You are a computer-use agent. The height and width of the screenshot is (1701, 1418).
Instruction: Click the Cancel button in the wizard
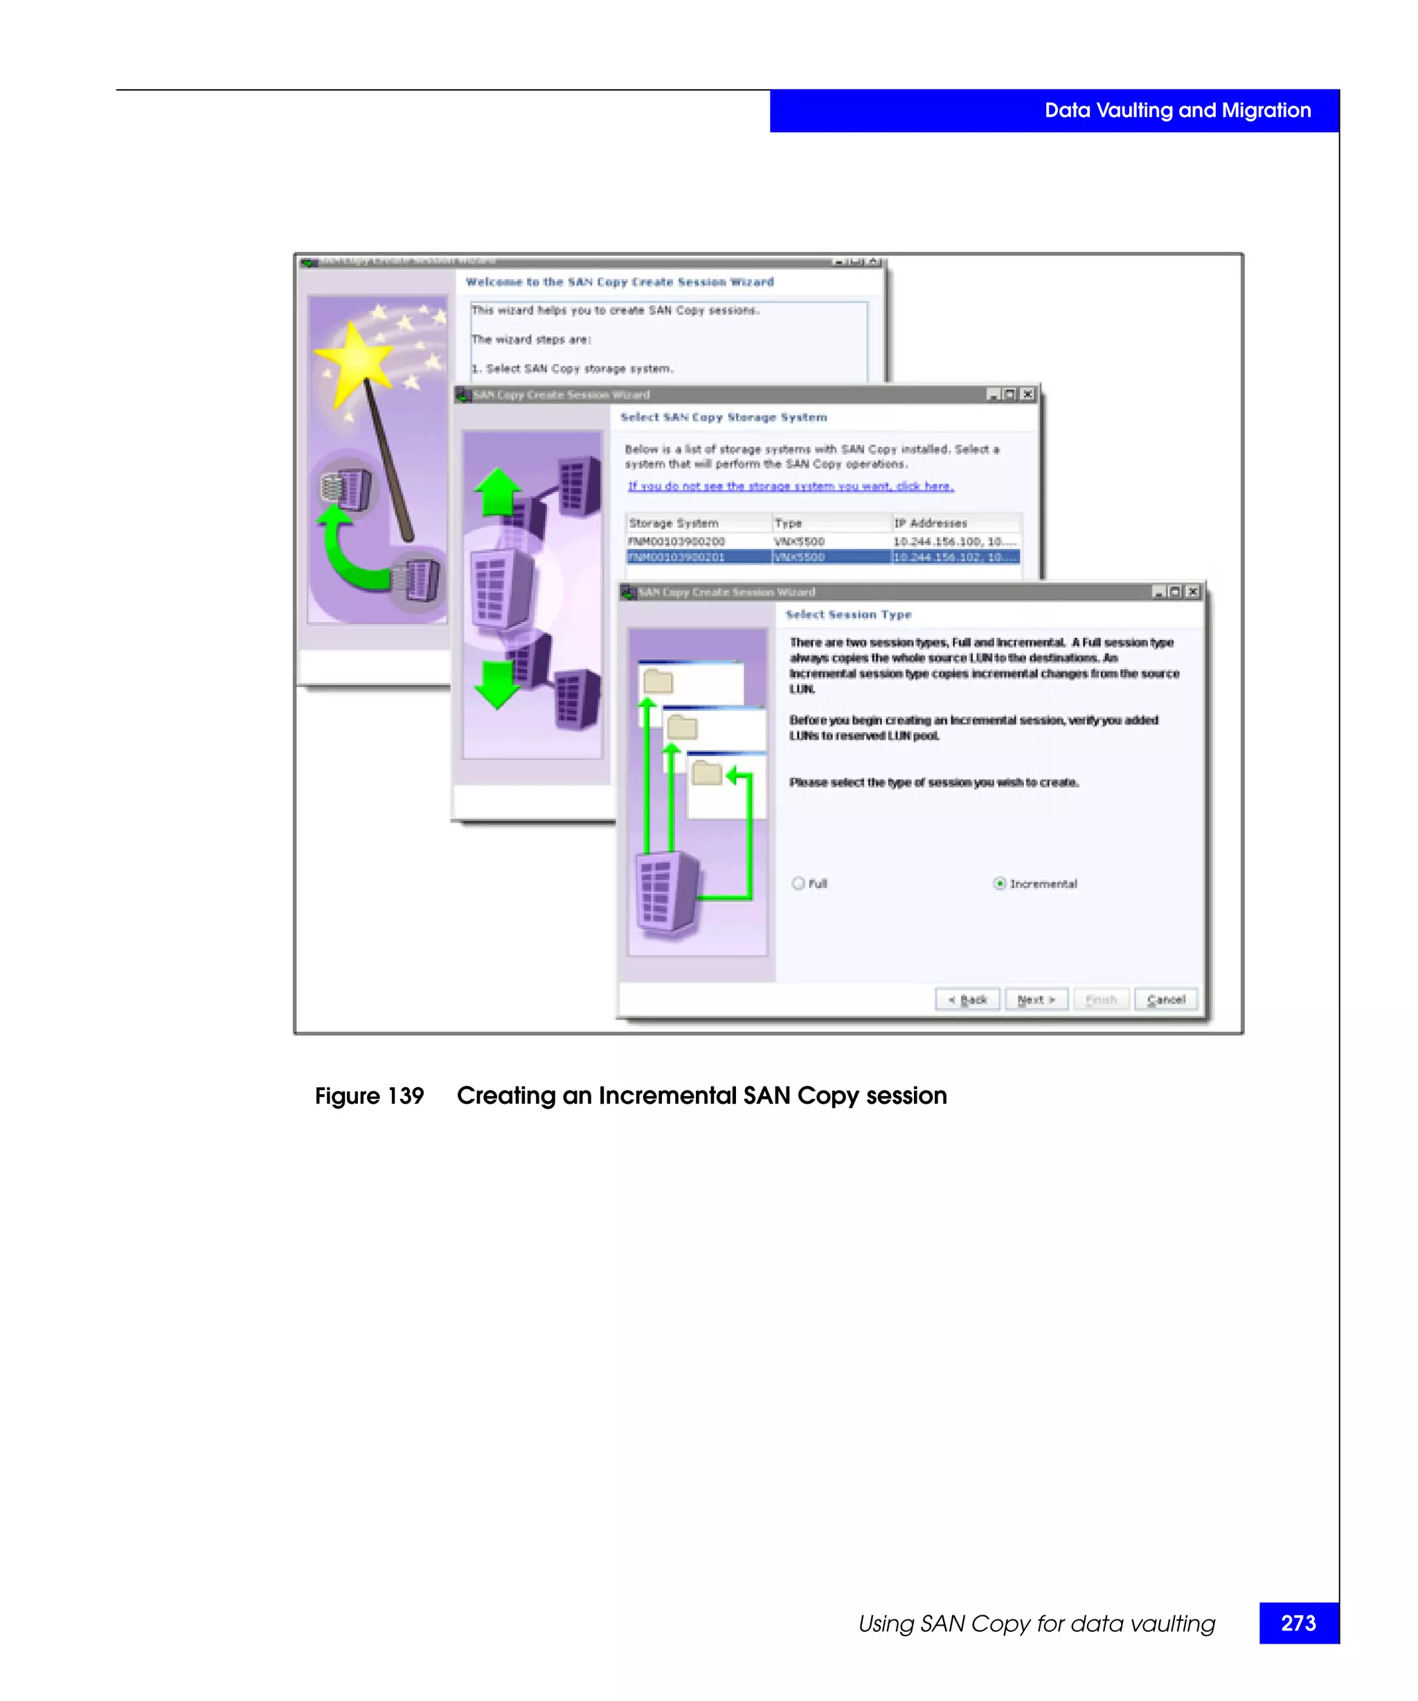coord(1165,999)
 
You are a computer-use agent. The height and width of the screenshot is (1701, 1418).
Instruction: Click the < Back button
coord(967,999)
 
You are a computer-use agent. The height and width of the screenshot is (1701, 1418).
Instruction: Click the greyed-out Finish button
coord(1100,999)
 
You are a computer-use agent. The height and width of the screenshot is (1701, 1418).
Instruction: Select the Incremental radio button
coord(999,884)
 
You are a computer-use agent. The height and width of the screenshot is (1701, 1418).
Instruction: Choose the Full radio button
coord(798,884)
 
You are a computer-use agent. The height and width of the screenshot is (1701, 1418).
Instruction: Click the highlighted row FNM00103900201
coord(676,557)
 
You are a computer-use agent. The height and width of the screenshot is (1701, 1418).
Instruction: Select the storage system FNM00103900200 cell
coord(676,541)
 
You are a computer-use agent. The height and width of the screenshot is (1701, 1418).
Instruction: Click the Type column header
coord(788,523)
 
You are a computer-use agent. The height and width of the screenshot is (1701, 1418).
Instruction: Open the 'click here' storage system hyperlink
coord(924,486)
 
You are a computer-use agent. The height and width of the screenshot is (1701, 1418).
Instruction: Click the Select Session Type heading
coord(847,615)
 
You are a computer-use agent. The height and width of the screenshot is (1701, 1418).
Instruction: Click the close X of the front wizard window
coord(1192,592)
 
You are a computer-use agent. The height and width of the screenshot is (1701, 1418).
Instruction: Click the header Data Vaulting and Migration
coord(1176,110)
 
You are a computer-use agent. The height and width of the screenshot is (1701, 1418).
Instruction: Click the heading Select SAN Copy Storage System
coord(723,417)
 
